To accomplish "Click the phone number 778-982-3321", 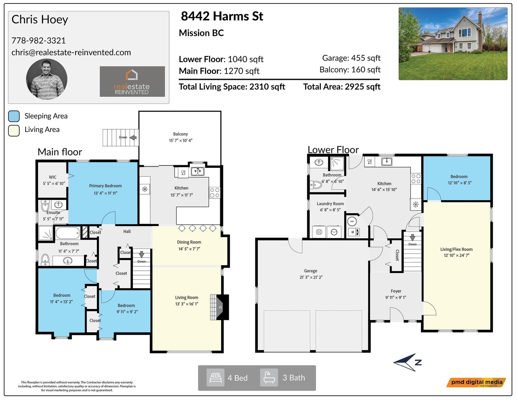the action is coord(38,40).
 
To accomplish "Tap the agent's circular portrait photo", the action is coord(47,79).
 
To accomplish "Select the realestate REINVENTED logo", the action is coord(132,81).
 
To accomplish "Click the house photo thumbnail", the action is coord(453,44).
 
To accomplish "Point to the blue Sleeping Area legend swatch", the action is coord(14,116).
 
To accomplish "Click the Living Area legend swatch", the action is coord(14,131).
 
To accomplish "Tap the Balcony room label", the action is coord(181,134).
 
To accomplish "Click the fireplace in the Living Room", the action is coord(219,307).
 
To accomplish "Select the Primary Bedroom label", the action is coord(105,186).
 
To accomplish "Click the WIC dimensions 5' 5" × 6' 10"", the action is coord(54,183).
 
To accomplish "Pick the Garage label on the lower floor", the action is coord(311,271).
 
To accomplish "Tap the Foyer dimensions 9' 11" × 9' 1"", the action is coord(396,297).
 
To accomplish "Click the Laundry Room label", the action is coord(330,204).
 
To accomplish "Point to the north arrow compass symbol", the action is coord(407,362).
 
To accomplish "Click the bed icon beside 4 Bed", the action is coord(215,378).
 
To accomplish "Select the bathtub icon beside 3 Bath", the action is coord(269,378).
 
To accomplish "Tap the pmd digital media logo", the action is coord(476,383).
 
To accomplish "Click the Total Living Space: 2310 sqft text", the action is coord(232,87).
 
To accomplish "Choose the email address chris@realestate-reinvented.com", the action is coord(71,52).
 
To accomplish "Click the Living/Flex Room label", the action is coord(456,249).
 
